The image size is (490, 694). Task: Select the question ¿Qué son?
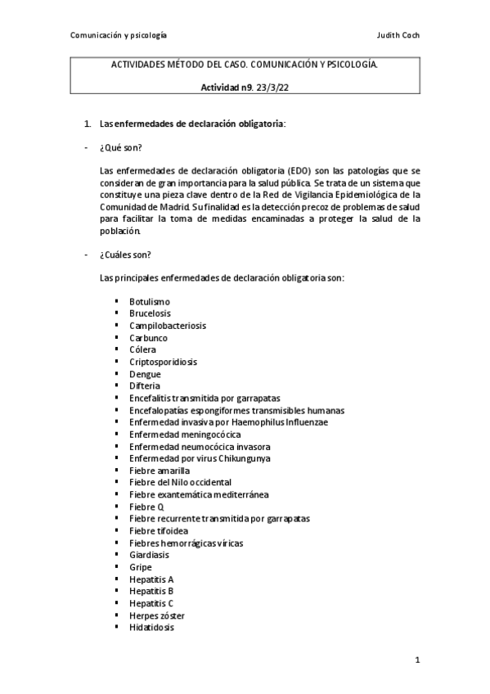(120, 146)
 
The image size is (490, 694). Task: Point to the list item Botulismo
(150, 302)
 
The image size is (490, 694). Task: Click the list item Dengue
(145, 374)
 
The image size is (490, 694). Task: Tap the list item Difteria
(145, 385)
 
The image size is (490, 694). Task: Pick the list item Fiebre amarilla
(160, 471)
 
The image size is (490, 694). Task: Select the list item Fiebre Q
(146, 507)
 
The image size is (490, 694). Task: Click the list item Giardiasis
(150, 555)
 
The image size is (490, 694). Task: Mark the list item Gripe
(141, 567)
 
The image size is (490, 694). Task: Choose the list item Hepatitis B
(151, 591)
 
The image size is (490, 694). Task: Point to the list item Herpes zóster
(156, 615)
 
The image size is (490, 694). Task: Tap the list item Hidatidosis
(151, 628)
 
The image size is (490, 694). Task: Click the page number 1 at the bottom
(416, 659)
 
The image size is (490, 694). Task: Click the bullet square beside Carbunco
(118, 338)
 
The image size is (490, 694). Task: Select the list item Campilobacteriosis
(168, 326)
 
